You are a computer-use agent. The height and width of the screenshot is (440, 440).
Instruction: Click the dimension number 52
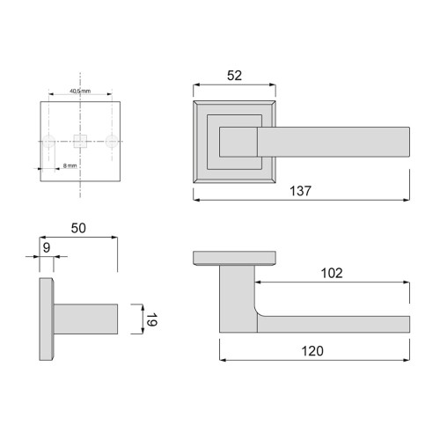pos(234,77)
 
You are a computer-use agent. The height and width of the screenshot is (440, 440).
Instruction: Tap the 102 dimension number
pos(331,273)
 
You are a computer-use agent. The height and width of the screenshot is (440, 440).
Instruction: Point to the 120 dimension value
pos(312,350)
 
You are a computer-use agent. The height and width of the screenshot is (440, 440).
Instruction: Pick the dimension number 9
pos(47,247)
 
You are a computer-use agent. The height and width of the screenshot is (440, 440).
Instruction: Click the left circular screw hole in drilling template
pos(51,140)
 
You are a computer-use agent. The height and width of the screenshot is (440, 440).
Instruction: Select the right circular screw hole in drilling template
pos(112,140)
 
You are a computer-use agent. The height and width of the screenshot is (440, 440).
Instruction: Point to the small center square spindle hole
pos(81,140)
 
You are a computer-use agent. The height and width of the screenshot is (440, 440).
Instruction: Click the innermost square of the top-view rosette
pos(236,140)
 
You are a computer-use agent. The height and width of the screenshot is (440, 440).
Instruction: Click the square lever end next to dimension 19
pos(118,318)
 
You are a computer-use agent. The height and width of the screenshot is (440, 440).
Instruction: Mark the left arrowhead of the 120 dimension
pos(221,360)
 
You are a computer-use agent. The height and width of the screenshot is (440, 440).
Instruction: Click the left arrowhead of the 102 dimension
pos(258,282)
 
